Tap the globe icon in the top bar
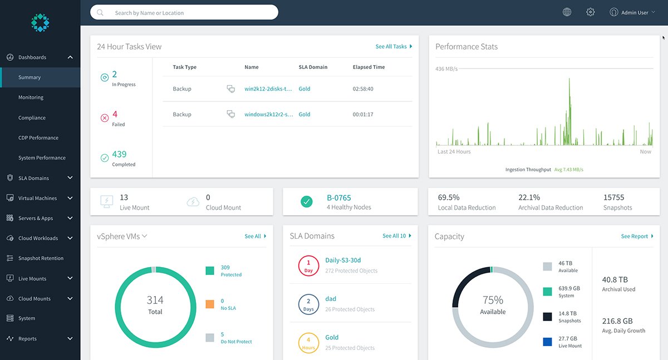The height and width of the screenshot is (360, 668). tap(567, 12)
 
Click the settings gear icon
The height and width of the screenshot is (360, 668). tap(591, 12)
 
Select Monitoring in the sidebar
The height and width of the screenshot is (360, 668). tap(31, 97)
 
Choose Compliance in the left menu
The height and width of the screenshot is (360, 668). tap(32, 118)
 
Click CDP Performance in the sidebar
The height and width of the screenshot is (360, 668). tap(38, 138)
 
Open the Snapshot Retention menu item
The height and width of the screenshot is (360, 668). tap(41, 258)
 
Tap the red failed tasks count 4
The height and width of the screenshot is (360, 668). tap(115, 114)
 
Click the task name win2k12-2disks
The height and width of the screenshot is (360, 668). tap(268, 89)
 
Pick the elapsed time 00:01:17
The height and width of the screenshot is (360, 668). tap(363, 115)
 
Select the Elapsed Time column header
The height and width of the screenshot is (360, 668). tap(369, 67)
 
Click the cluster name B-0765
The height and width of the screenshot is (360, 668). tap(338, 198)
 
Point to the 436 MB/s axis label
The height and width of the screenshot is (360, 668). tap(446, 68)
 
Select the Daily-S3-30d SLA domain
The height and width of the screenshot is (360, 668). tap(343, 260)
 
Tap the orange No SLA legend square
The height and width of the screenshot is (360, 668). tap(210, 304)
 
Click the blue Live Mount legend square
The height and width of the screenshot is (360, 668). tap(548, 342)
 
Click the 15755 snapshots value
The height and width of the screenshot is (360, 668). tap(613, 198)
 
